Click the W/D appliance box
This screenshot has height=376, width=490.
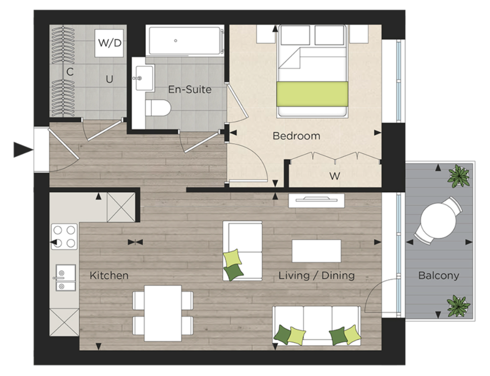[x=109, y=42]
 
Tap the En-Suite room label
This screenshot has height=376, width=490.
[x=190, y=90]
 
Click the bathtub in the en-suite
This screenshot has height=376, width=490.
[x=185, y=41]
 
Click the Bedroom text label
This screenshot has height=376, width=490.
[x=296, y=136]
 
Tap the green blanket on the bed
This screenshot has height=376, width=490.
[x=312, y=93]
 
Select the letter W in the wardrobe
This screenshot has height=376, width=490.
[x=334, y=176]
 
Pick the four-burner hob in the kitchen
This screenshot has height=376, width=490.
[x=65, y=236]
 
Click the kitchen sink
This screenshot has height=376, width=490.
[x=65, y=278]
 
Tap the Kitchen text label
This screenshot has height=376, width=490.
[x=109, y=276]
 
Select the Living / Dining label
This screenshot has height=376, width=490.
[x=317, y=276]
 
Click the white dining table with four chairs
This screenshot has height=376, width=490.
[x=162, y=312]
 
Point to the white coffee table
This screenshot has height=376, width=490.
[x=317, y=250]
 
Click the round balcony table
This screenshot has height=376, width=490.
[x=438, y=220]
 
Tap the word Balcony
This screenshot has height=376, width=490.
[x=439, y=276]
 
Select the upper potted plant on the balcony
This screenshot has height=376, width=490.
[x=460, y=176]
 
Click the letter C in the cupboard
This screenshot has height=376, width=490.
[x=70, y=72]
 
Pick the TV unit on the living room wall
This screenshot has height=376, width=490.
[x=316, y=200]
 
